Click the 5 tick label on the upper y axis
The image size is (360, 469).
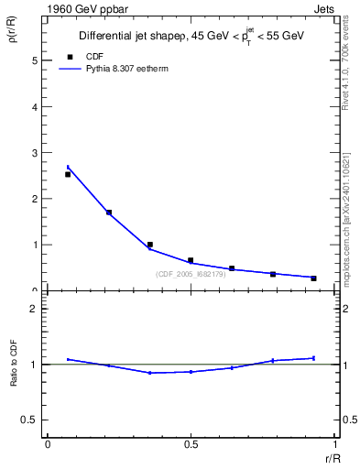35,60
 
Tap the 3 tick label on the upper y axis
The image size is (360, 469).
35,153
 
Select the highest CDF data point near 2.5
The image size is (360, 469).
68,174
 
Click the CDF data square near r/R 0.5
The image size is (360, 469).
191,260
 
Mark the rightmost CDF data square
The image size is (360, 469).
313,278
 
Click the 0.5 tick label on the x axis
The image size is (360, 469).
191,444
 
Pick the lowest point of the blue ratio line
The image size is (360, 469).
149,373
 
